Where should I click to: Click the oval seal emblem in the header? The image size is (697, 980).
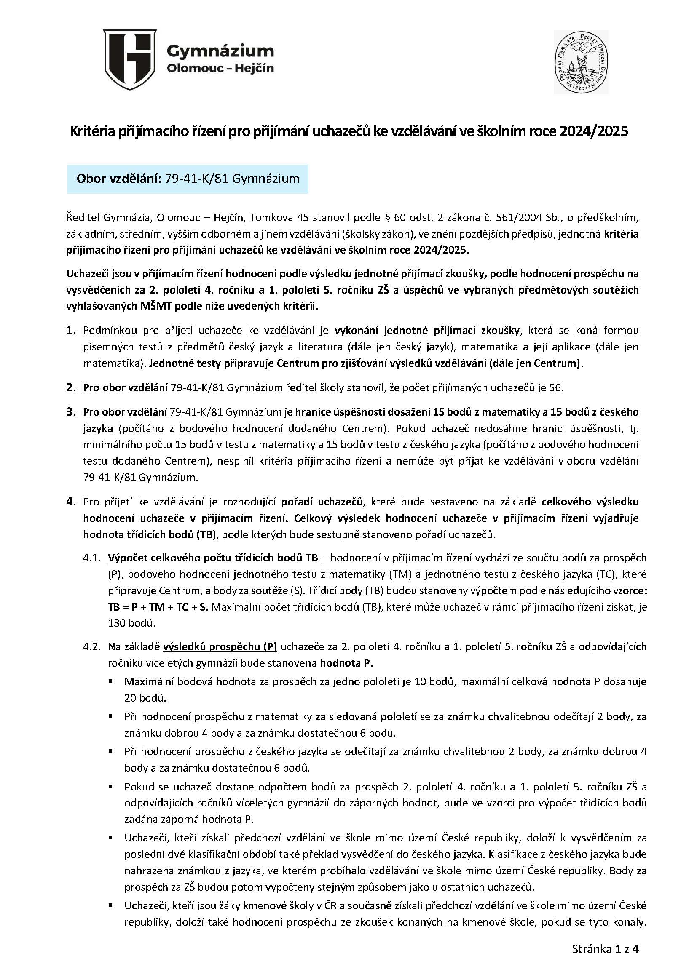[x=581, y=62]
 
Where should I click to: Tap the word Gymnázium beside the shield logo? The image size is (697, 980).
[x=220, y=51]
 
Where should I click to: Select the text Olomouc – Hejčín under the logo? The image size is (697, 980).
[x=220, y=68]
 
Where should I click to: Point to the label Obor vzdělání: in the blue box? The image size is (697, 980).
[x=118, y=179]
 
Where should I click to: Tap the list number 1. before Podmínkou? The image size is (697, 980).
[x=71, y=330]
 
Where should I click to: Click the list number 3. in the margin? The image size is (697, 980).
[x=71, y=412]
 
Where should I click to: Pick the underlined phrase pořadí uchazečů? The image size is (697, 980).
[x=323, y=502]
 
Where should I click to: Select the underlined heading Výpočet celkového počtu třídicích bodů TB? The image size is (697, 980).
[x=213, y=558]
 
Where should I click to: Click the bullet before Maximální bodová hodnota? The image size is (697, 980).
[x=111, y=681]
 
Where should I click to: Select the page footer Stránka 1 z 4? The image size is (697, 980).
[x=605, y=950]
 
